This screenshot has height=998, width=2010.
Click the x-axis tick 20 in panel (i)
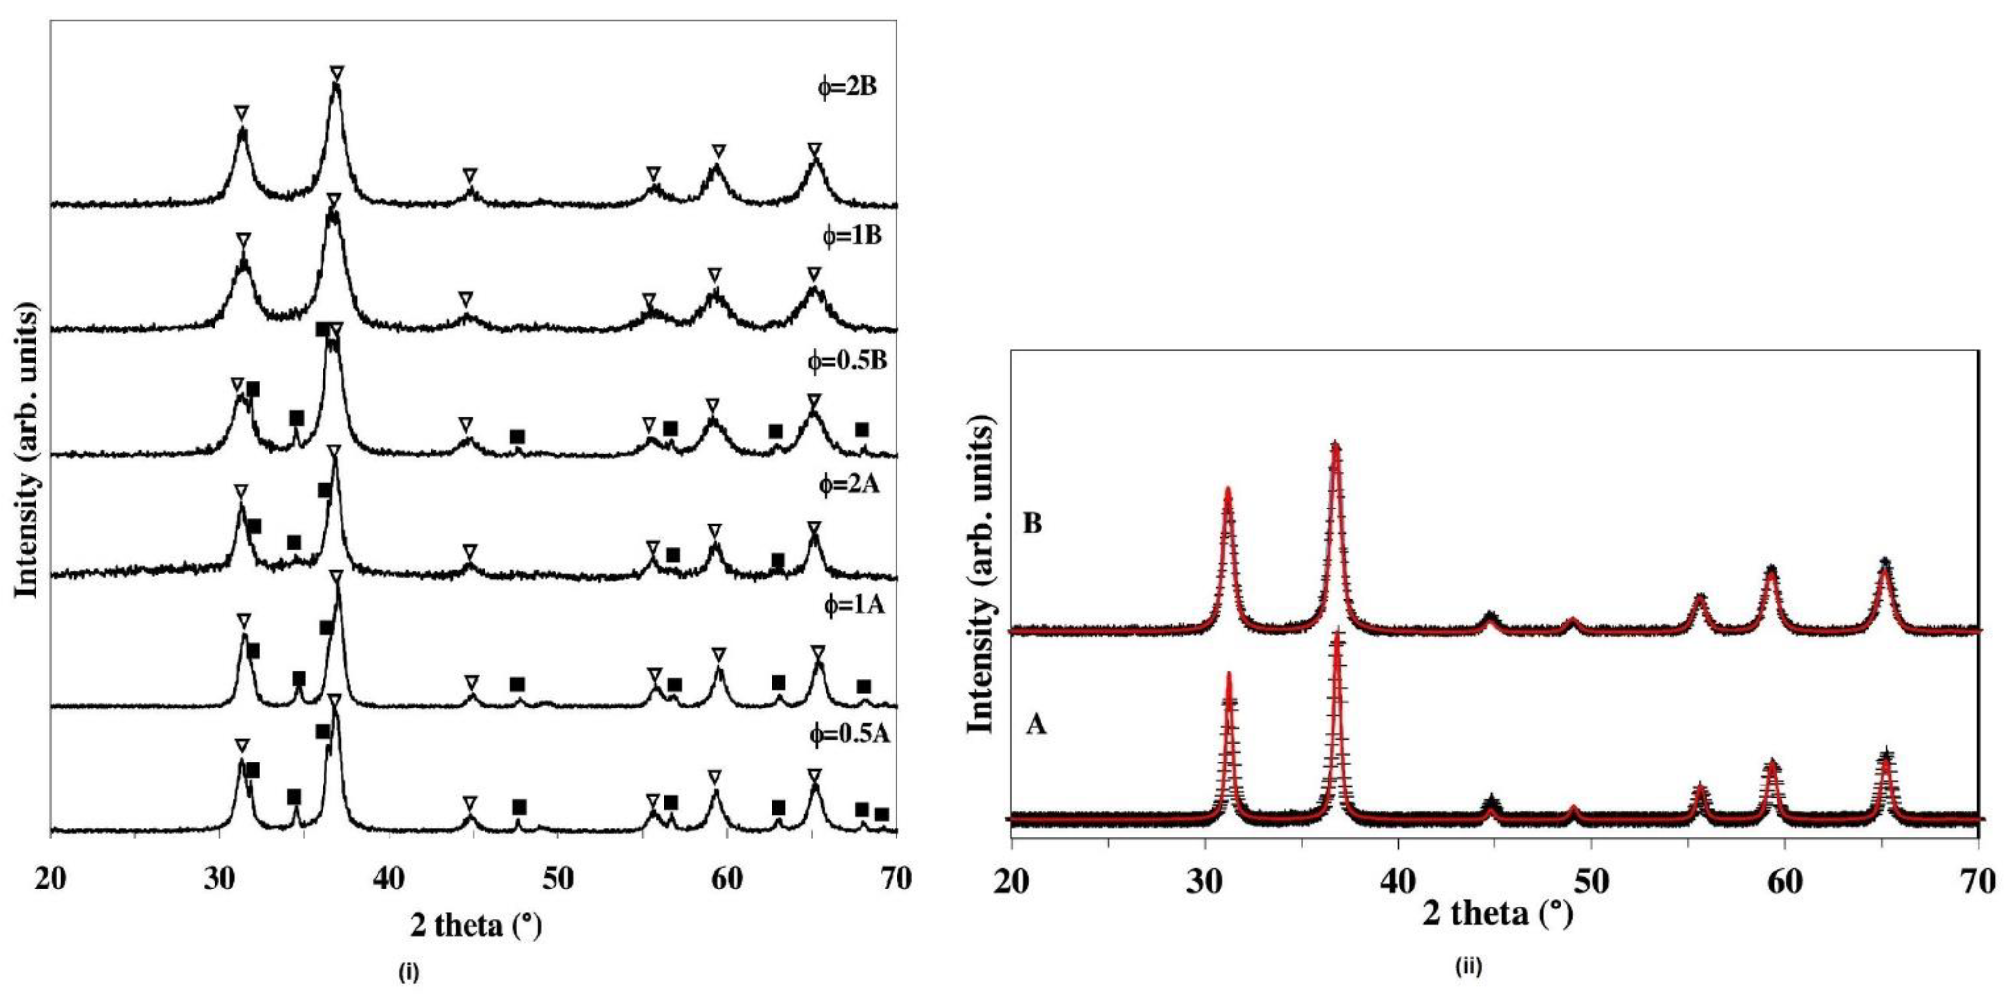(51, 879)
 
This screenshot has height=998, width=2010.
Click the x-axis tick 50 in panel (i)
(558, 879)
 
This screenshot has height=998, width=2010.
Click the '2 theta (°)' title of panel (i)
(475, 925)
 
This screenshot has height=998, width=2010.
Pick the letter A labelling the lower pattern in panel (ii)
(1036, 725)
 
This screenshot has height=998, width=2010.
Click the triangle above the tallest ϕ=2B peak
(336, 73)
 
